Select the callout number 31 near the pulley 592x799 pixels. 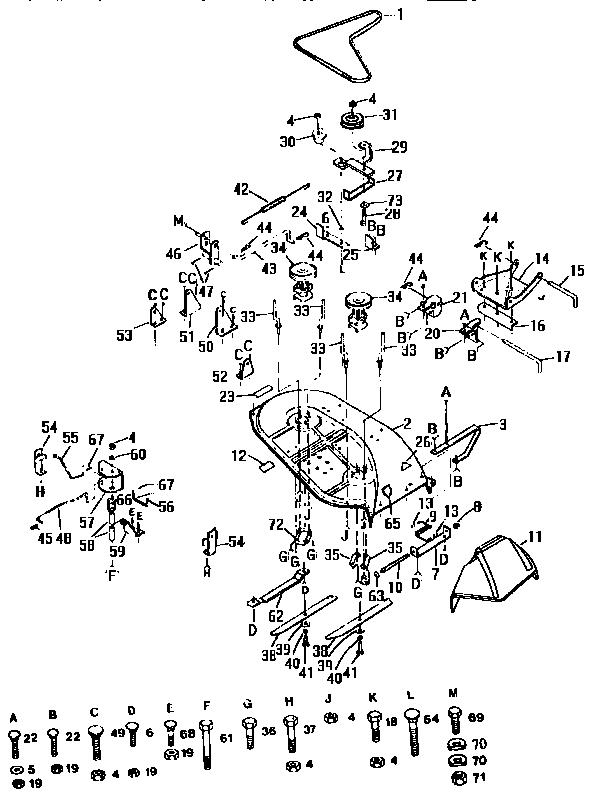coord(386,114)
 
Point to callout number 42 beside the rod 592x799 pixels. coord(240,189)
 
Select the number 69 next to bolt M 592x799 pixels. coord(477,718)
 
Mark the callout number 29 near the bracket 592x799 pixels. coord(398,148)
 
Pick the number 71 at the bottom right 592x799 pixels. coord(478,776)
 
